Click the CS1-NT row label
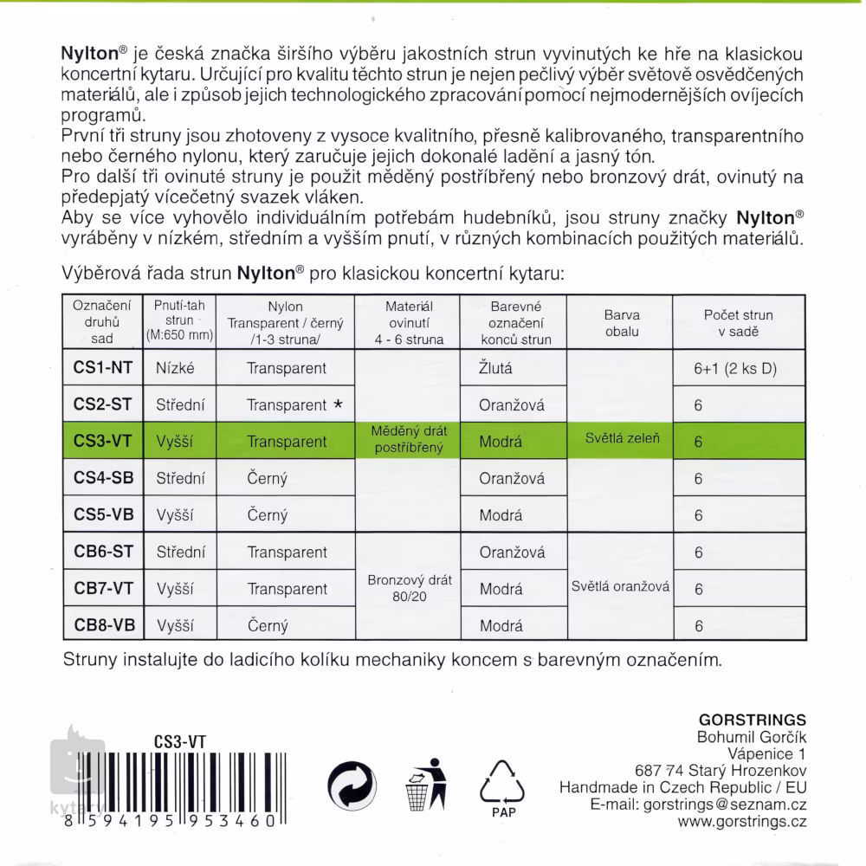pos(103,368)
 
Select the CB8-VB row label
pos(103,624)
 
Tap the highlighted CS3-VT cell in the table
pos(103,441)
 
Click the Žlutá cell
pos(496,368)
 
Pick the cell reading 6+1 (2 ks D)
pos(736,368)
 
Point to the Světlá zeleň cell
pos(622,439)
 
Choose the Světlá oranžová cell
pos(621,585)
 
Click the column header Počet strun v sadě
pos(739,323)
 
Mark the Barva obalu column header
pos(622,323)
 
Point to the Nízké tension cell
pos(175,368)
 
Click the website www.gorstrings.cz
pos(742,822)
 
